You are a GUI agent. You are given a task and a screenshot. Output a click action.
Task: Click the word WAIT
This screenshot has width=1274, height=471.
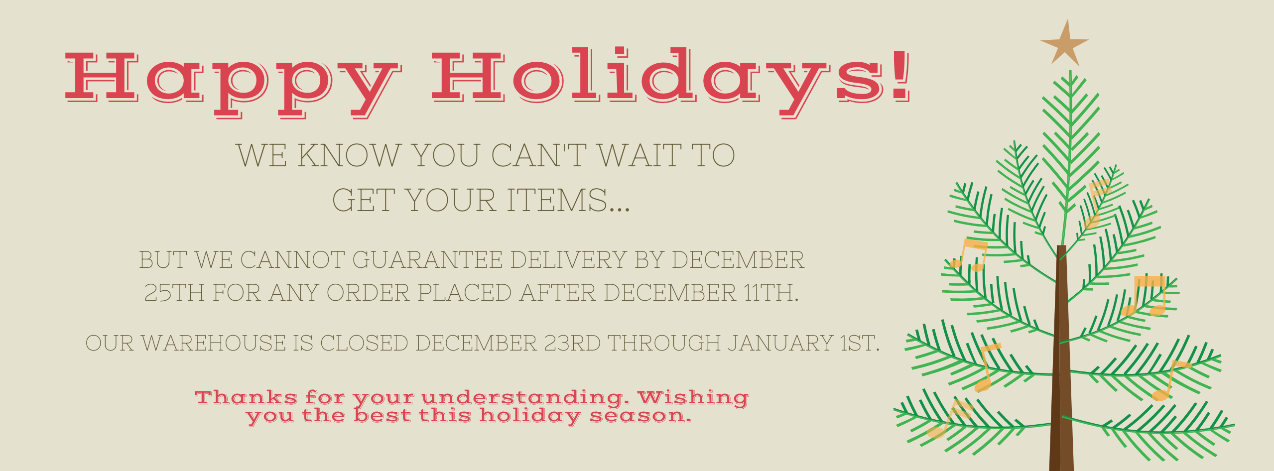[640, 155]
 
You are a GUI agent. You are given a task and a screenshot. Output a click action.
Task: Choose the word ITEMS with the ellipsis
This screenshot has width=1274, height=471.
[568, 200]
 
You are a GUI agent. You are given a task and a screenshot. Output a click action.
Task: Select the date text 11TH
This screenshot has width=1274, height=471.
[771, 293]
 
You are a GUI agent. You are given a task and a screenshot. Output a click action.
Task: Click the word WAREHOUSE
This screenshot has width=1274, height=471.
[214, 343]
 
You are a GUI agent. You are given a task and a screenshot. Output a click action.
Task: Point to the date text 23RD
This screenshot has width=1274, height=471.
[572, 343]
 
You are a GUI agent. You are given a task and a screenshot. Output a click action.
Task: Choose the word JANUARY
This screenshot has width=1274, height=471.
[780, 343]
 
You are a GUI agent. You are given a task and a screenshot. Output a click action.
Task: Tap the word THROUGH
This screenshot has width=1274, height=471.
[664, 343]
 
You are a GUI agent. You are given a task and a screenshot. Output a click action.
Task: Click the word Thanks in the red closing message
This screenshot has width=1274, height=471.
[246, 397]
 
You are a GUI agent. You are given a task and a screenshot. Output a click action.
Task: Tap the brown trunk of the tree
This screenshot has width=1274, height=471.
[1061, 358]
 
